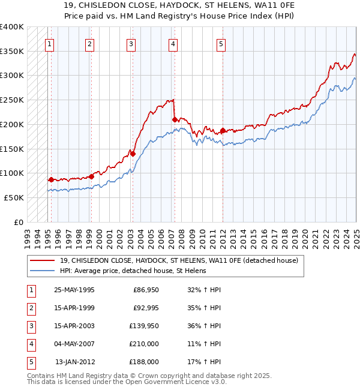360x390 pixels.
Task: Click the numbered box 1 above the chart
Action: (x=49, y=43)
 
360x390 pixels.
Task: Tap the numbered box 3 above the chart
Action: (x=131, y=43)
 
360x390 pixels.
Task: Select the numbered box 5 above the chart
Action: (x=221, y=43)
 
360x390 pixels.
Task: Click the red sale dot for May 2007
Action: (x=175, y=120)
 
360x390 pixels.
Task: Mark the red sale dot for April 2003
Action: (x=133, y=154)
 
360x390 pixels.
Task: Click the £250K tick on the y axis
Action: (x=12, y=100)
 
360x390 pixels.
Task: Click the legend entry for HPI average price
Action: (x=133, y=271)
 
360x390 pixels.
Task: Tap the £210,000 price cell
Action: (x=144, y=344)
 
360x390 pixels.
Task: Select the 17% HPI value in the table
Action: (x=205, y=362)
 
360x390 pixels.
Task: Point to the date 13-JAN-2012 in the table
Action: (x=74, y=362)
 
